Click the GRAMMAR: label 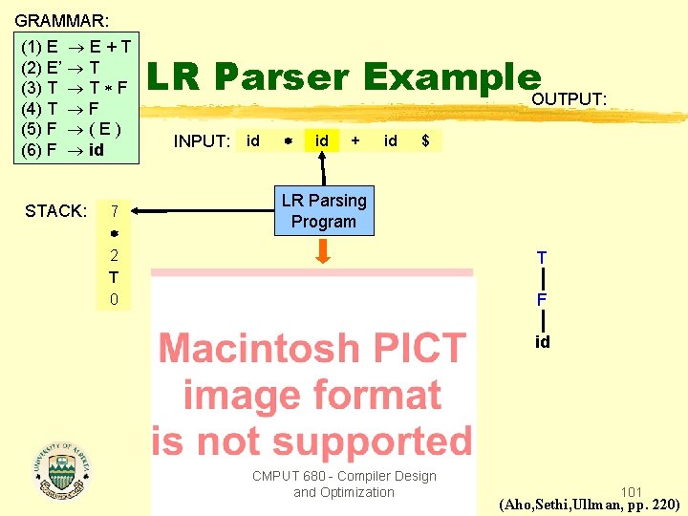pos(61,19)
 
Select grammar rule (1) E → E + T pos(76,45)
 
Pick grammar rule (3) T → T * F pos(75,87)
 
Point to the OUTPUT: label pos(569,99)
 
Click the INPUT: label pos(202,141)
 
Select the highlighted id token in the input pos(322,141)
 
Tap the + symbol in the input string pos(355,140)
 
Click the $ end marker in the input pos(425,141)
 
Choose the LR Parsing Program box pos(324,211)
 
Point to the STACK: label pos(56,210)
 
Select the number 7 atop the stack pos(114,210)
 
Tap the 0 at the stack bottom pos(114,299)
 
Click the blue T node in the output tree pos(542,258)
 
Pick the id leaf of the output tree pos(542,341)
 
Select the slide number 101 pos(631,491)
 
